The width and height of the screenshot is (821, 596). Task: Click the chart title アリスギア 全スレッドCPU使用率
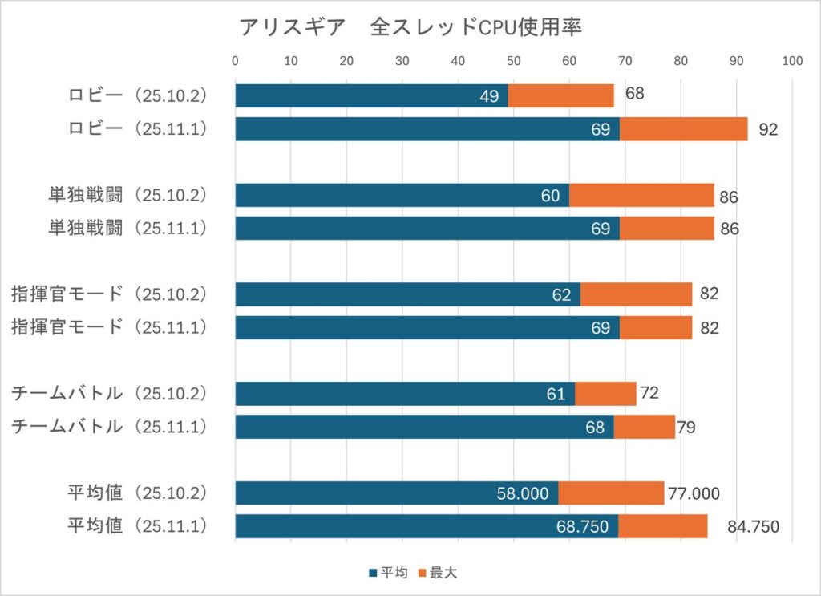click(410, 27)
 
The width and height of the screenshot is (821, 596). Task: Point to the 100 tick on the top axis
click(792, 60)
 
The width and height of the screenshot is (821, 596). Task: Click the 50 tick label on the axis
click(514, 60)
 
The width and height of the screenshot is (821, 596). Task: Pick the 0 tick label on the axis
click(235, 60)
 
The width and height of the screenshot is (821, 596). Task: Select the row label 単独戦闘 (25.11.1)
click(127, 229)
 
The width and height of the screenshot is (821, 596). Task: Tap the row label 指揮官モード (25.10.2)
click(111, 294)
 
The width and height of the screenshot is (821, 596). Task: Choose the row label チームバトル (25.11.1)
click(111, 427)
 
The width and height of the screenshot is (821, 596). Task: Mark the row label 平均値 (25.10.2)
click(137, 493)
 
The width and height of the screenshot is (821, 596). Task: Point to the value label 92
click(768, 130)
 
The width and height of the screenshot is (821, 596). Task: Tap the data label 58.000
click(522, 494)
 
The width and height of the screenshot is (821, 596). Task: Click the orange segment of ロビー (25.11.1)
click(683, 129)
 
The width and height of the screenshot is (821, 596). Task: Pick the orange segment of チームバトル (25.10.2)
click(605, 394)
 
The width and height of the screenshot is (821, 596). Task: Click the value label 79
click(686, 428)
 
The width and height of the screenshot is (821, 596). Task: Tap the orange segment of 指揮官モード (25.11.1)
click(656, 327)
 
